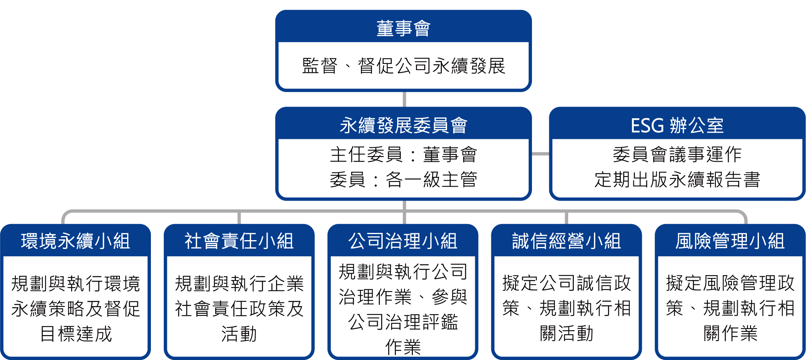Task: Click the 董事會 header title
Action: pyautogui.click(x=403, y=29)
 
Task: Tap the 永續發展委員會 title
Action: pyautogui.click(x=403, y=125)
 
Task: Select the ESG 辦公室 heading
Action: pyautogui.click(x=677, y=125)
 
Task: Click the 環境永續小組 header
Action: pyautogui.click(x=76, y=241)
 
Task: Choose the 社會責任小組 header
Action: pyautogui.click(x=239, y=241)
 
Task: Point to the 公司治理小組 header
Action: pyautogui.click(x=403, y=241)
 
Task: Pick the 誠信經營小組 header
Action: pyautogui.click(x=567, y=241)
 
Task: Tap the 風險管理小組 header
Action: pyautogui.click(x=730, y=241)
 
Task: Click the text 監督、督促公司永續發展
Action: pyautogui.click(x=403, y=66)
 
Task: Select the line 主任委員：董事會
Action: pyautogui.click(x=403, y=155)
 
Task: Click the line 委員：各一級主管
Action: pyautogui.click(x=403, y=179)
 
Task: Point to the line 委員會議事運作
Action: pyautogui.click(x=677, y=155)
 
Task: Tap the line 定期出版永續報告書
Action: pyautogui.click(x=677, y=179)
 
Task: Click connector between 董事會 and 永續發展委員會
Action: pyautogui.click(x=404, y=99)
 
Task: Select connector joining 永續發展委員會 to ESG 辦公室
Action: pyautogui.click(x=540, y=154)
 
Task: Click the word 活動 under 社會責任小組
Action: pyautogui.click(x=239, y=334)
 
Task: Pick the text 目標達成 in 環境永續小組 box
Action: pyautogui.click(x=76, y=334)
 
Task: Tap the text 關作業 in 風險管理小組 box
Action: pyautogui.click(x=730, y=333)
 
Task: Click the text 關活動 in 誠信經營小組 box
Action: pyautogui.click(x=567, y=333)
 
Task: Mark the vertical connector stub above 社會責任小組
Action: pyautogui.click(x=239, y=218)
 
